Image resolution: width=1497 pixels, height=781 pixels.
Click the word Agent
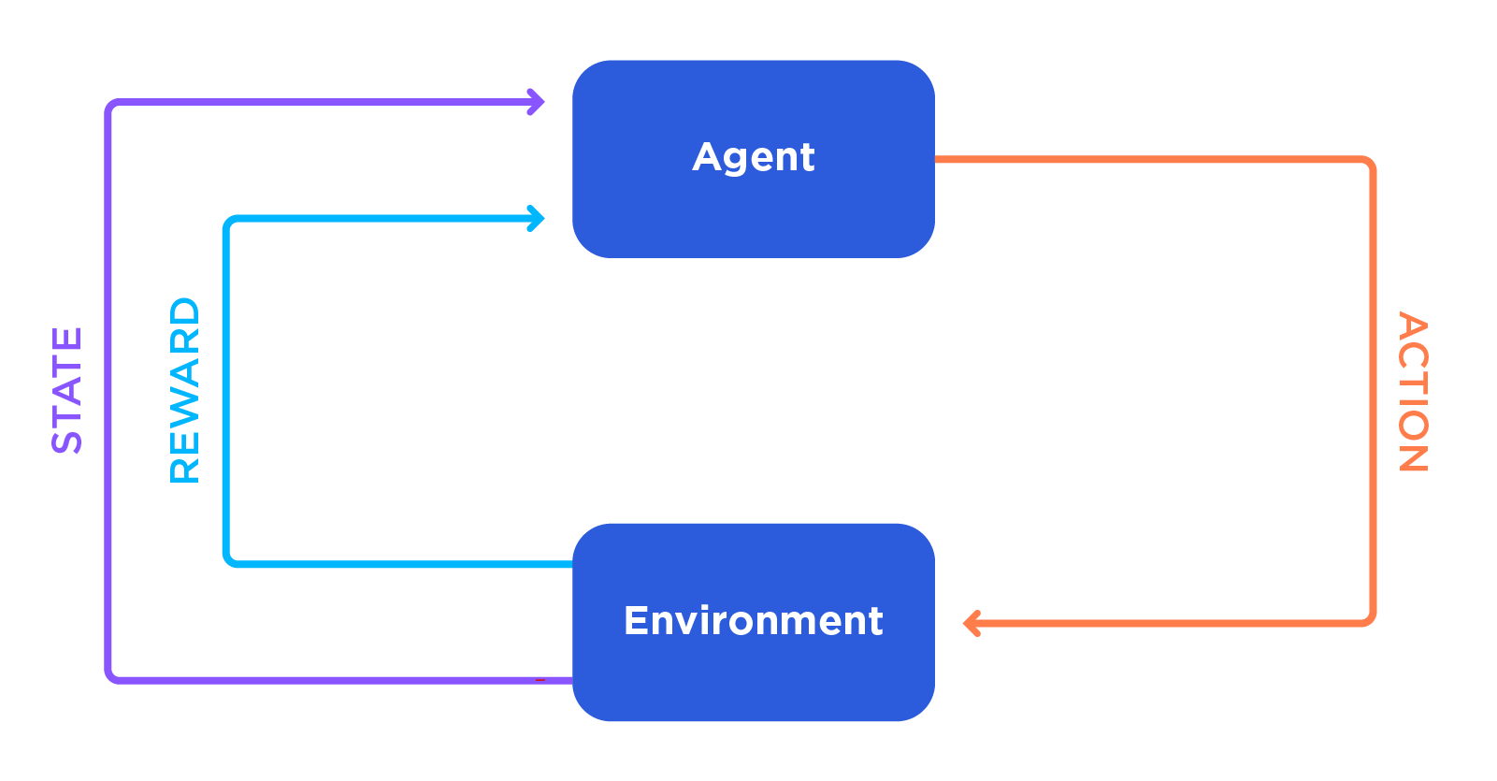(754, 157)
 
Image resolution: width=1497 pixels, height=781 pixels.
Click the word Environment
(754, 621)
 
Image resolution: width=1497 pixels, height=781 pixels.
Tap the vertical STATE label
(67, 390)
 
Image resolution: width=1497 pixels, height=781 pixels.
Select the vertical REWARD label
(185, 390)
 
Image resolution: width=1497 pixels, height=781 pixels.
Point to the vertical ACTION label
(1412, 391)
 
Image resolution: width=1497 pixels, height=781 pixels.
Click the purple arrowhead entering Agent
(536, 102)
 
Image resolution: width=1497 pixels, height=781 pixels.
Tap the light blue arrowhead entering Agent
(536, 219)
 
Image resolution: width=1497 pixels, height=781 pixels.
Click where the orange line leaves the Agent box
(938, 160)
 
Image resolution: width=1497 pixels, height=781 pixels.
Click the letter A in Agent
(708, 156)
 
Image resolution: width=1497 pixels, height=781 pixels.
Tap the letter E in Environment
(635, 621)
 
